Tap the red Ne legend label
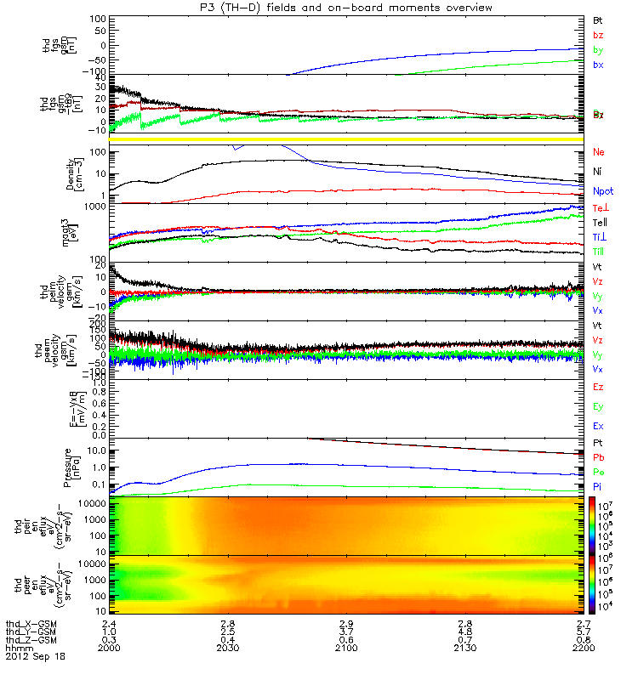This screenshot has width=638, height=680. click(x=599, y=152)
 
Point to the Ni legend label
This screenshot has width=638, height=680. click(x=598, y=172)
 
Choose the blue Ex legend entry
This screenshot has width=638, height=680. click(x=599, y=425)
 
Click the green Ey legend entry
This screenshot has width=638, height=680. click(x=599, y=406)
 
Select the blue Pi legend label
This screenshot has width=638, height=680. click(x=598, y=486)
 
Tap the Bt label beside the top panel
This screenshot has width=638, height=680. click(x=598, y=19)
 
